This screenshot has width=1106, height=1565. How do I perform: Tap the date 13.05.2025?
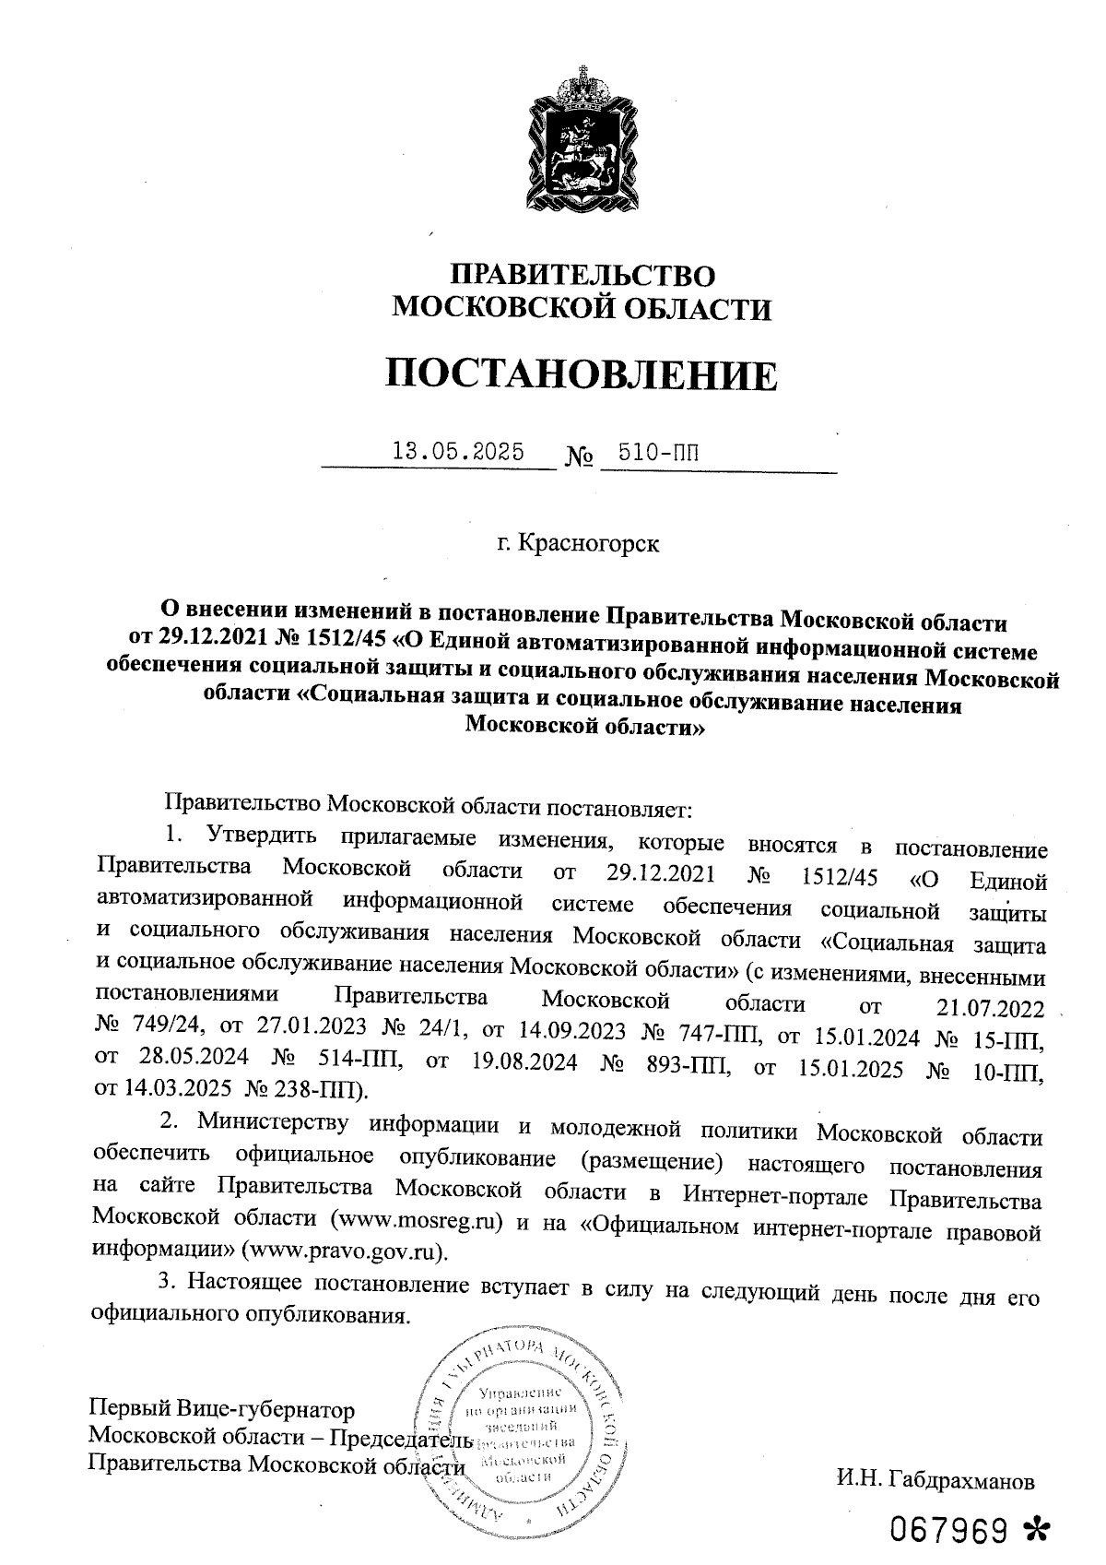(458, 452)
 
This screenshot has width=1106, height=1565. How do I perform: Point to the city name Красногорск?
(590, 543)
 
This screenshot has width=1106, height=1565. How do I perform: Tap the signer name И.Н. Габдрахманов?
(935, 1481)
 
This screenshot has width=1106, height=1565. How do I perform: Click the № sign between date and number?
(577, 456)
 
